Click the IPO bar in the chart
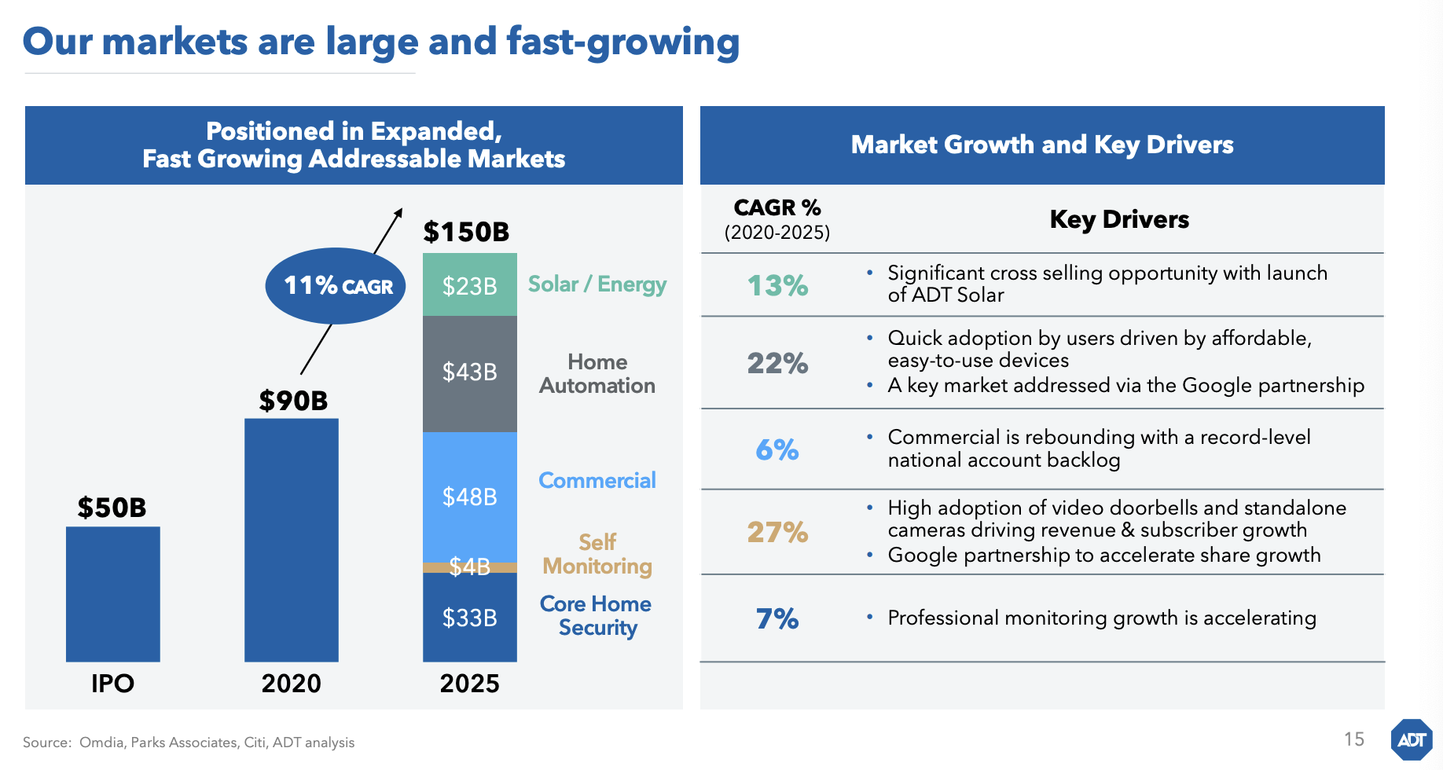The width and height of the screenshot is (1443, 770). tap(112, 594)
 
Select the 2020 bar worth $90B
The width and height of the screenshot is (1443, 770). tap(291, 540)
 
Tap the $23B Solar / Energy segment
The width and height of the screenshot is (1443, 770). tap(469, 285)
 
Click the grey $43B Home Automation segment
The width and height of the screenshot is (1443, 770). tap(469, 373)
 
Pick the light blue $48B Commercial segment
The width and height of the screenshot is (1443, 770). tap(469, 497)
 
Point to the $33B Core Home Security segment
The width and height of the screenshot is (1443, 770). tap(469, 618)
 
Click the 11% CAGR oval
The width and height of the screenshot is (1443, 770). tap(336, 286)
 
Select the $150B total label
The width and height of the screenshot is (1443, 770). tap(466, 232)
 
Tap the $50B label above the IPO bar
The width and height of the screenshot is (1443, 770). tap(112, 508)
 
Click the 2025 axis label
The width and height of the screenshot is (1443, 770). tap(469, 684)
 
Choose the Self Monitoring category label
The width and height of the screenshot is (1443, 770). tap(597, 554)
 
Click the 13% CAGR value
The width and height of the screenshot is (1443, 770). tap(777, 285)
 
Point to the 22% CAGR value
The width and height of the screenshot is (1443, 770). tap(777, 363)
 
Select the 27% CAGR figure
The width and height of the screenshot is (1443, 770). tap(777, 532)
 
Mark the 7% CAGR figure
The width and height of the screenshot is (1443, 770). tap(777, 619)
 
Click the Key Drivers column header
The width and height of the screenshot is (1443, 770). tap(1119, 219)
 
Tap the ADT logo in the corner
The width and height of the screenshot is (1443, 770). tap(1412, 739)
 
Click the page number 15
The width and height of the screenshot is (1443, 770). tap(1353, 739)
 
